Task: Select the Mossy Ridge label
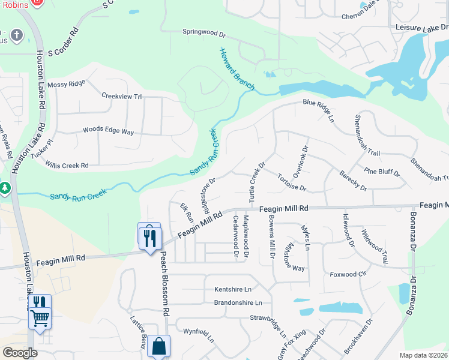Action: click(x=66, y=84)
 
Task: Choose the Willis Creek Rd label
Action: click(x=67, y=165)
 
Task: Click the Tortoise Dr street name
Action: click(x=292, y=182)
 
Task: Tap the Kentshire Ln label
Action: click(x=233, y=289)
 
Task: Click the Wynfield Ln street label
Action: click(x=199, y=331)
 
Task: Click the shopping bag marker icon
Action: click(x=159, y=346)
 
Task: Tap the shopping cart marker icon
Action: click(x=40, y=318)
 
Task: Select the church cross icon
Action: click(x=15, y=36)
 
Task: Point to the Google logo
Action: click(x=20, y=352)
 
